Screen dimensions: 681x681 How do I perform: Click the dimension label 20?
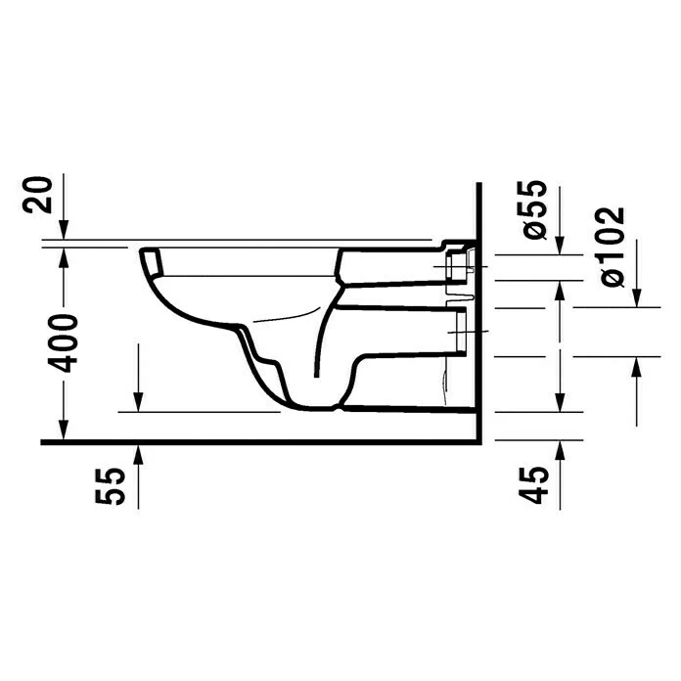click(37, 195)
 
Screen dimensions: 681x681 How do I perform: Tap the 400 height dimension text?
click(63, 343)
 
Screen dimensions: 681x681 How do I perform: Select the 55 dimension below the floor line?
click(111, 486)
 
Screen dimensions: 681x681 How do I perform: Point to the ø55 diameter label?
click(534, 209)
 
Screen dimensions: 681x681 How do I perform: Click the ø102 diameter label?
click(613, 246)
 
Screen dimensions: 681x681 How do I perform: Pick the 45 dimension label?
click(534, 484)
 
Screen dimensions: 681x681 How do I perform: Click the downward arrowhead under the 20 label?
click(64, 230)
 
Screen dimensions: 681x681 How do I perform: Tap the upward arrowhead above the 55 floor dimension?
click(138, 453)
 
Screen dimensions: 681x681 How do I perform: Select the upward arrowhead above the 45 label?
click(560, 450)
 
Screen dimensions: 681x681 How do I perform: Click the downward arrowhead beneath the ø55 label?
click(560, 246)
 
